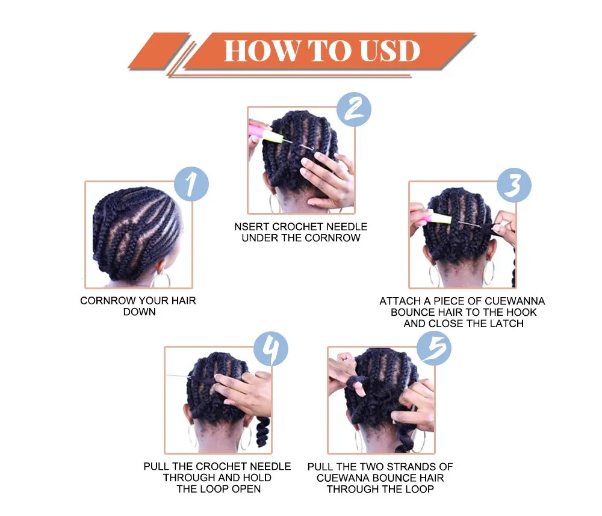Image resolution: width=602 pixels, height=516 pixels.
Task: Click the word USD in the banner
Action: [390, 51]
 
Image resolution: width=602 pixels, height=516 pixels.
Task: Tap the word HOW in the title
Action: [262, 51]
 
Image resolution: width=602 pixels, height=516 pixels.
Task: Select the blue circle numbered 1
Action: [191, 184]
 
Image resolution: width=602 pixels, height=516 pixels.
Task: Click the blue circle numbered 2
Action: [353, 109]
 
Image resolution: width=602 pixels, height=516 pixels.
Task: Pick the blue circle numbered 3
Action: [514, 185]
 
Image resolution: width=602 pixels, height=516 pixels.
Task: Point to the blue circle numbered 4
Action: [271, 349]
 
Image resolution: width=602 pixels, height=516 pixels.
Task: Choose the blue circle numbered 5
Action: [434, 348]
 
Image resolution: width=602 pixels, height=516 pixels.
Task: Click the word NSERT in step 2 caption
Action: [252, 227]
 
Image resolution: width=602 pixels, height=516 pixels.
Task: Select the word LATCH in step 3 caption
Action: [507, 324]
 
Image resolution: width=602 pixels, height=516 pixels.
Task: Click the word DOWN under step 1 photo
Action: [140, 312]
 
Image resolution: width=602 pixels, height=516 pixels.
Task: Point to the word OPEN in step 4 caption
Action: [246, 489]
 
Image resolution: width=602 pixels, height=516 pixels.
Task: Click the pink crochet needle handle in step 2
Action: [265, 133]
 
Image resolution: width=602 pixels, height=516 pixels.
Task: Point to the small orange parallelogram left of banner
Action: [158, 51]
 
